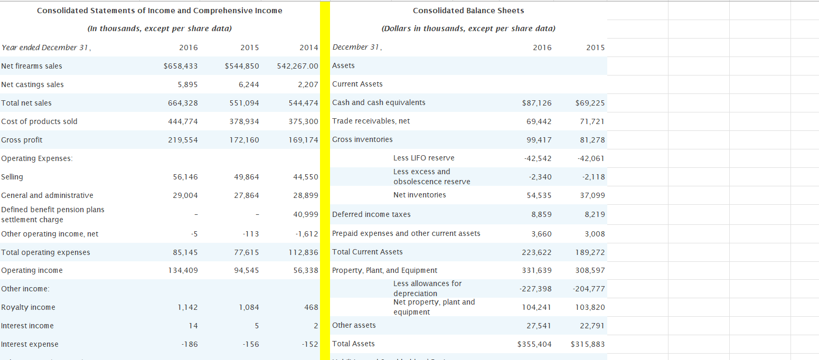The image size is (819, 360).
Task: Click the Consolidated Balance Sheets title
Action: [468, 11]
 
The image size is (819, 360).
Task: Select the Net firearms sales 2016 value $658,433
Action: [181, 66]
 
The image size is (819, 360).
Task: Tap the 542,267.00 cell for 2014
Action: [298, 66]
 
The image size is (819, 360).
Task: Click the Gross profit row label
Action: [22, 140]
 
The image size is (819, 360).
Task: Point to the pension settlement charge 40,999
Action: [306, 214]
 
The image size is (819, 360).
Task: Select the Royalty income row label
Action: [29, 307]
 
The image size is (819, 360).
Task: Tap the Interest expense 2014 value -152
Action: [310, 344]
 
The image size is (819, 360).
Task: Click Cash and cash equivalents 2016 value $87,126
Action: [536, 103]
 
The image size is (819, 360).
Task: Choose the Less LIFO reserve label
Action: [423, 158]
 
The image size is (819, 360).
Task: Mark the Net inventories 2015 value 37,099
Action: [592, 195]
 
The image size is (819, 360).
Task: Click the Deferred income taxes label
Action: [371, 214]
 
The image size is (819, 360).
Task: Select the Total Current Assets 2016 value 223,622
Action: [536, 252]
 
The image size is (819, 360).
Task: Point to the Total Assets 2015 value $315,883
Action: [588, 344]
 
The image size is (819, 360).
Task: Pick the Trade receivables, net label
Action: [371, 121]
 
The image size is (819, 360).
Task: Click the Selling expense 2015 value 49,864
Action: [246, 177]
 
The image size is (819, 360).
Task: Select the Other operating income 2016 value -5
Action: [194, 234]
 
